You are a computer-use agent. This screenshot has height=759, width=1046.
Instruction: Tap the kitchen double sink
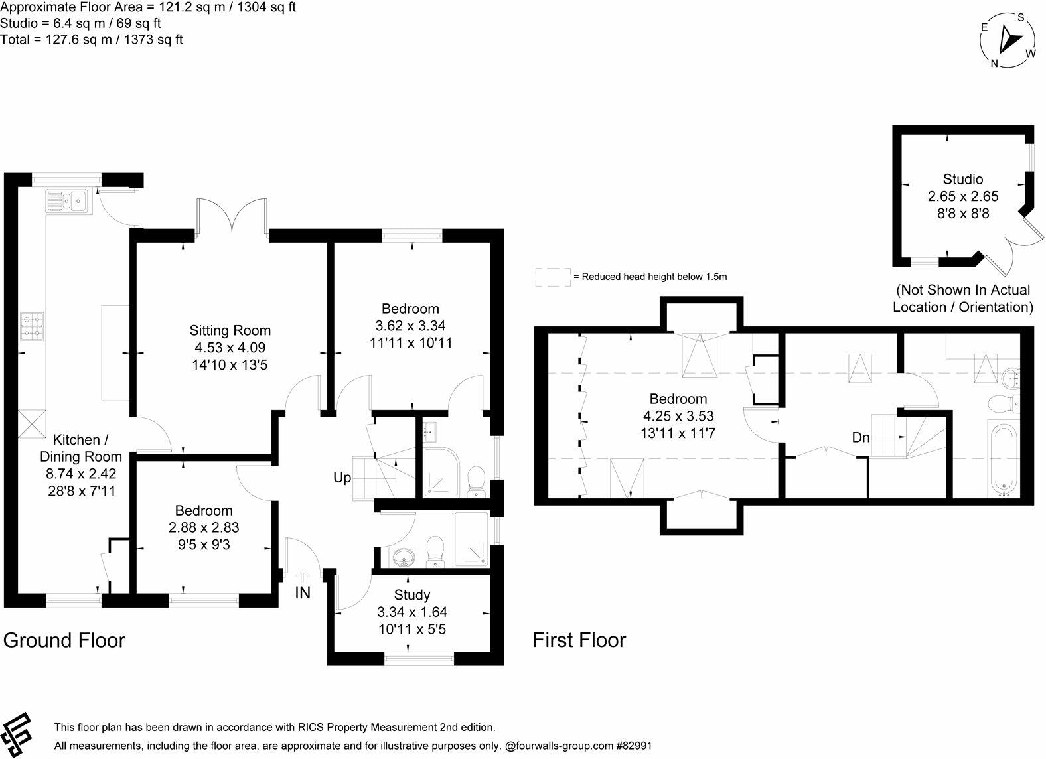(67, 200)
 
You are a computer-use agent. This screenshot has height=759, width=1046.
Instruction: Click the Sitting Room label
(230, 330)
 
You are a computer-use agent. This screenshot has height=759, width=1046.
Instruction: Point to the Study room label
(411, 594)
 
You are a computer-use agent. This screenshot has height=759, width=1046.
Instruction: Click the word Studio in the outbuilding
(962, 179)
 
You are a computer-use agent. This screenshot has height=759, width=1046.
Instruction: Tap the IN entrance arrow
(303, 575)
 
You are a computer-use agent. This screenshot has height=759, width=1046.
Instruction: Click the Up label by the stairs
(342, 478)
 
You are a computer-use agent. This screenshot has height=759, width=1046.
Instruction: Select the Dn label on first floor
(860, 438)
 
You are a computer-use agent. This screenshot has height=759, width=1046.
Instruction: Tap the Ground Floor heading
(64, 640)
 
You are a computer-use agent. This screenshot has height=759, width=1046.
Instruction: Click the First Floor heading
(579, 640)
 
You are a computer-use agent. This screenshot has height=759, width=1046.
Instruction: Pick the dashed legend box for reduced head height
(553, 277)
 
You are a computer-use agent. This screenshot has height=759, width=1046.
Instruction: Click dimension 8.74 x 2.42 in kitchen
(81, 474)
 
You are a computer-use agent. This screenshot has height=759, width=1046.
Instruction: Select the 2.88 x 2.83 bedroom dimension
(204, 527)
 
